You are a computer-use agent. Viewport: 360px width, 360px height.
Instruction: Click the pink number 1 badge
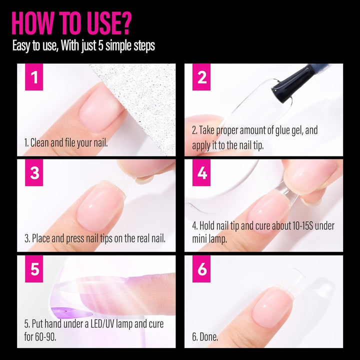[34, 77]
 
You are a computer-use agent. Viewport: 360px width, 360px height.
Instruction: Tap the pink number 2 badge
[202, 77]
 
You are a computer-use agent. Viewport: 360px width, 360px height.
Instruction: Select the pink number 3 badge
[34, 173]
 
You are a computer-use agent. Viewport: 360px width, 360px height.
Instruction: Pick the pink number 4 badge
[202, 173]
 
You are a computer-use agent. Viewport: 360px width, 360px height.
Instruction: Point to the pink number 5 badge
[34, 269]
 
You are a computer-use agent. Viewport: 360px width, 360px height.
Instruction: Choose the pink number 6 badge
[202, 269]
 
